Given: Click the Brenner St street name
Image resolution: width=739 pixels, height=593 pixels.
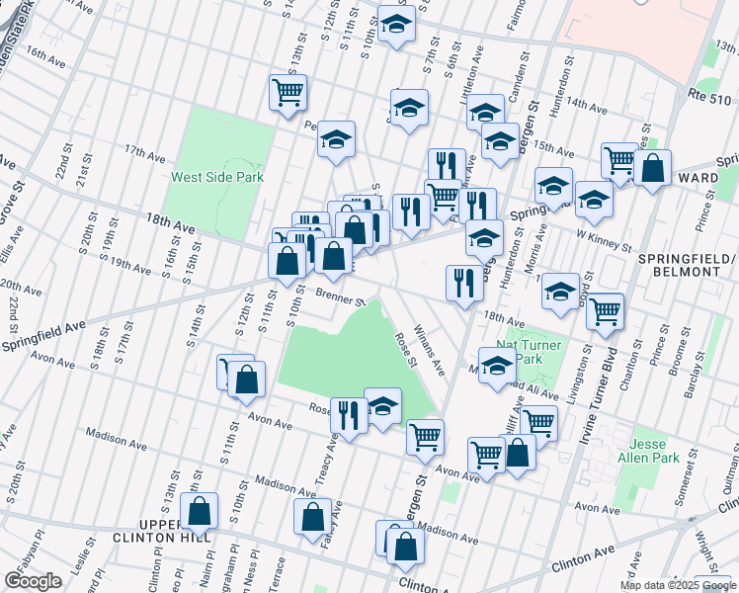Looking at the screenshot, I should pos(341,296).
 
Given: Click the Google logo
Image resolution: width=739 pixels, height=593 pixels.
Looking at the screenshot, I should pos(34,581).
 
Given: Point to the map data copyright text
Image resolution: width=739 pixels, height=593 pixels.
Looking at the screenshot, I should pos(678,585).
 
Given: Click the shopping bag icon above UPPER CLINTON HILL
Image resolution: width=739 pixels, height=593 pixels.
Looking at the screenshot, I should pos(200,511).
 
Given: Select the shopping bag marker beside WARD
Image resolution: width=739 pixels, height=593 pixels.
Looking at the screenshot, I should pos(653,167).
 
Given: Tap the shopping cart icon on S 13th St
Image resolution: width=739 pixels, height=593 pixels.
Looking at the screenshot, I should pos(287,92).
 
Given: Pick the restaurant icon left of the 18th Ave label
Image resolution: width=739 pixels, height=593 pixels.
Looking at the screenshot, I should pos(461,282).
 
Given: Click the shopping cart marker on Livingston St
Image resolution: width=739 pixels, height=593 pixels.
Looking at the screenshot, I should pos(604,310).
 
